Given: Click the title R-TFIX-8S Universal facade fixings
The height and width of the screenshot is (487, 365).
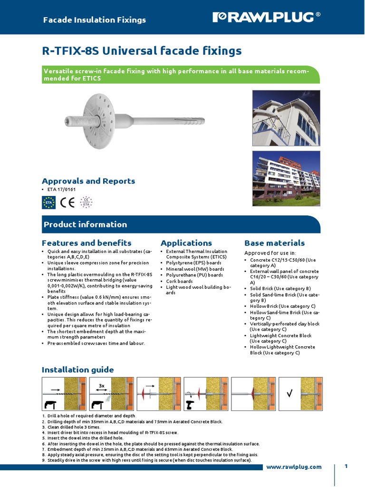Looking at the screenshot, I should point(142,51).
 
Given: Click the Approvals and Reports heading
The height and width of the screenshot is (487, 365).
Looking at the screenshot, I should point(88,181).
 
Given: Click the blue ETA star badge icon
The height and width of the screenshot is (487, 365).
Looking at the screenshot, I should point(48,203).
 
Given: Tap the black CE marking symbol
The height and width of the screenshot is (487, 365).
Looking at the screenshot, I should point(67,203).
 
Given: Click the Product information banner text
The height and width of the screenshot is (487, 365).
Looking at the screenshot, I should point(85,224).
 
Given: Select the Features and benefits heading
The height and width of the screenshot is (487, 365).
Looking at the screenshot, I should point(86,243).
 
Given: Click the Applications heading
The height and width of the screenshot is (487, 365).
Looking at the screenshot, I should point(186,243).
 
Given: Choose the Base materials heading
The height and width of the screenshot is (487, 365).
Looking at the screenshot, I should point(274,243).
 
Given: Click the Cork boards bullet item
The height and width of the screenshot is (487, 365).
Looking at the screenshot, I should point(179,281).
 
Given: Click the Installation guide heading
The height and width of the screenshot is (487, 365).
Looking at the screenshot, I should point(77,370).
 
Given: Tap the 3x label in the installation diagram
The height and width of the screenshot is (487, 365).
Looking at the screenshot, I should point(102,386).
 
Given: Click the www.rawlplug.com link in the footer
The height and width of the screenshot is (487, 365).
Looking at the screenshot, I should point(294,467).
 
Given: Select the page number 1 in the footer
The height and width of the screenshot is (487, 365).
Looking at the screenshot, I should point(346,466).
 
